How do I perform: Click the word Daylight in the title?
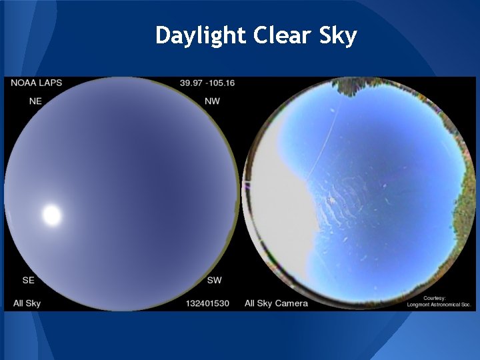pos(201,35)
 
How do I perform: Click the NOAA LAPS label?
pos(37,83)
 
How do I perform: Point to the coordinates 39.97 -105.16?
pos(207,83)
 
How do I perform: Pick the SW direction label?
pos(214,280)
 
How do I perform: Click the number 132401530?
pos(207,303)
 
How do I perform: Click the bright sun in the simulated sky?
pos(51,215)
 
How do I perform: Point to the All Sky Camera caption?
pos(276,303)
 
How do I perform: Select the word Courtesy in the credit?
pos(434,297)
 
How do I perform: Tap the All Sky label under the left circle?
pos(27,303)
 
